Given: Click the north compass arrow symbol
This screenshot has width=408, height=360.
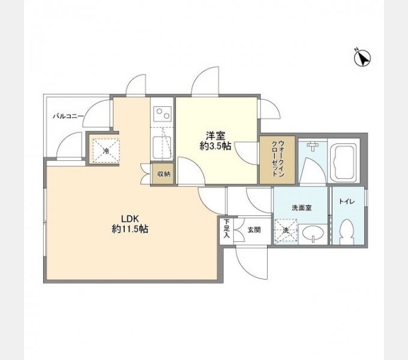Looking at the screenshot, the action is point(362,58).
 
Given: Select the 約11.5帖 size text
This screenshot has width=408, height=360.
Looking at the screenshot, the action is point(130,229).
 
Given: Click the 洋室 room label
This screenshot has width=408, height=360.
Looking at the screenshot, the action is point(215,136).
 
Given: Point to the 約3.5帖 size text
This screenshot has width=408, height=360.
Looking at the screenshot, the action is point(215,146).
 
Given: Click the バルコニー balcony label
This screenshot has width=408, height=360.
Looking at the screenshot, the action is point(68,116).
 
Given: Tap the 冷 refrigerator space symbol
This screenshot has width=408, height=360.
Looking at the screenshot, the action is point(106,151).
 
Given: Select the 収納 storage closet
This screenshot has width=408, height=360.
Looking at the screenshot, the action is point(163,174).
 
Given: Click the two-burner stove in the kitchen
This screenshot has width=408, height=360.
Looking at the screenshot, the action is point(163,114).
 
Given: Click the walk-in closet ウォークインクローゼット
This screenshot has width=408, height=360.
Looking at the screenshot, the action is point(277,160).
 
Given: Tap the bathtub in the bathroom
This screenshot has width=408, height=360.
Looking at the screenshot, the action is point(344,163).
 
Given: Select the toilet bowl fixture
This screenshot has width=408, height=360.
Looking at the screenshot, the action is point(346,232).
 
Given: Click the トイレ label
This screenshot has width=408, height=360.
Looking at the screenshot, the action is point(347,202).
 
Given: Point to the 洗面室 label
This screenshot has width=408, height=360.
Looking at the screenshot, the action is point(302,208).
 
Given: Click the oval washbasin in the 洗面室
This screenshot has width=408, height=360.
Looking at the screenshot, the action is point(313,233).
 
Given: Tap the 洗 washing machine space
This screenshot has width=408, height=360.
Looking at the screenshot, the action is point(286,231).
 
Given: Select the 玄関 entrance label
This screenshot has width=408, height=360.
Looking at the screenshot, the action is point(254,230).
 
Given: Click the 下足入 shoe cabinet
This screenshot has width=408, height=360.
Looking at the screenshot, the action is point(227,229).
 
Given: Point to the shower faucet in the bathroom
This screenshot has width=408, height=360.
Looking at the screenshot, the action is point(313,146).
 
